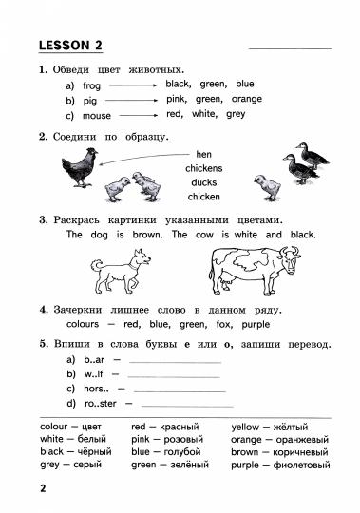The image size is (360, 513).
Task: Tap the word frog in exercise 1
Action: pyautogui.click(x=92, y=85)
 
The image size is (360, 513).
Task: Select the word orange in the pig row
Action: pyautogui.click(x=246, y=99)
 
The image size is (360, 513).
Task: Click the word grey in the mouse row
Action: pyautogui.click(x=236, y=114)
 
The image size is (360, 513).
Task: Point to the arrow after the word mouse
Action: pyautogui.click(x=138, y=115)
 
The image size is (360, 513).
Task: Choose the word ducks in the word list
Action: pyautogui.click(x=204, y=182)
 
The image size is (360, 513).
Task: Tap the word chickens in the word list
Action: pyautogui.click(x=204, y=168)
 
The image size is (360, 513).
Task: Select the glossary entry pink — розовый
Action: pyautogui.click(x=164, y=440)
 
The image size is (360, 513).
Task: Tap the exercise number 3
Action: pyautogui.click(x=44, y=220)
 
